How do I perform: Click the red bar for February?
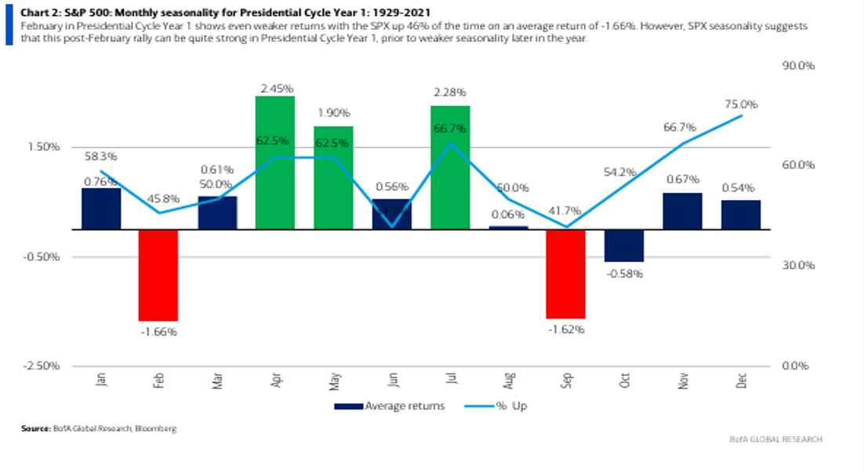point(158,275)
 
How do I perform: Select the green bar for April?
point(274,162)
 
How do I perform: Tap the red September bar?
point(565,274)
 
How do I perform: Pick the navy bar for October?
point(623,246)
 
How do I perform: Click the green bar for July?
point(449,167)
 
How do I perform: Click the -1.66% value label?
point(158,331)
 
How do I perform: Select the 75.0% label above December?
point(741,104)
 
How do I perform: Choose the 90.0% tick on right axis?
point(799,66)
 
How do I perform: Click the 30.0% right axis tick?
point(799,266)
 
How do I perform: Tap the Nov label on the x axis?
point(682,380)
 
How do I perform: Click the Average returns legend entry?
point(389,406)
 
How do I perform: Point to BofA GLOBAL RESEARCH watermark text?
point(775,439)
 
